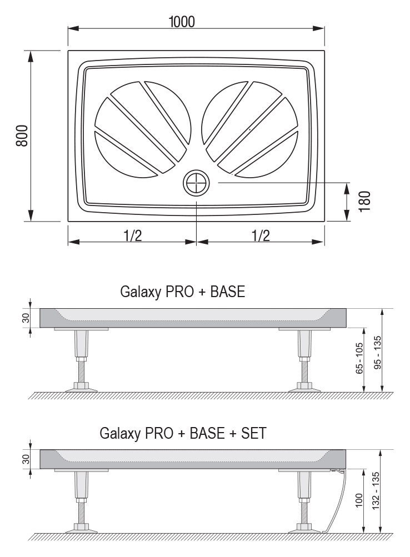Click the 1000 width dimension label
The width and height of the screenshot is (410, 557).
[182, 22]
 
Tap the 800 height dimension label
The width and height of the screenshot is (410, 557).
[22, 136]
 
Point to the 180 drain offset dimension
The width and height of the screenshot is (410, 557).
[364, 202]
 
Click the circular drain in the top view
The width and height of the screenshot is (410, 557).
[196, 183]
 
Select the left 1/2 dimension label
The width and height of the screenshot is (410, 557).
[133, 235]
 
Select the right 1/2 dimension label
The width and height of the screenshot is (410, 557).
[261, 235]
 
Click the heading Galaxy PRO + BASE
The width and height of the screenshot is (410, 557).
[183, 292]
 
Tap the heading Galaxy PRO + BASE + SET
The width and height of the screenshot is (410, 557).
[183, 433]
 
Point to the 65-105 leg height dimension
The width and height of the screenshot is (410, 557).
[359, 358]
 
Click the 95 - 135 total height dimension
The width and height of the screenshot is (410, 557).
[377, 353]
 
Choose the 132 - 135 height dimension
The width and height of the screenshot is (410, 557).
[376, 490]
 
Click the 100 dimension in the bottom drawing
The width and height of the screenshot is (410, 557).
[359, 500]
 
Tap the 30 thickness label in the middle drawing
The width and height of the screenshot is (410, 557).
[26, 318]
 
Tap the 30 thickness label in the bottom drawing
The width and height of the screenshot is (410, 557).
[26, 459]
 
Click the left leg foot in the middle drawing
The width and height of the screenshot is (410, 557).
[81, 387]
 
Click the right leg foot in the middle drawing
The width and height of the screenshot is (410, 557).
[304, 387]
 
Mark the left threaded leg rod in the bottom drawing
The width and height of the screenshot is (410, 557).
[81, 510]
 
